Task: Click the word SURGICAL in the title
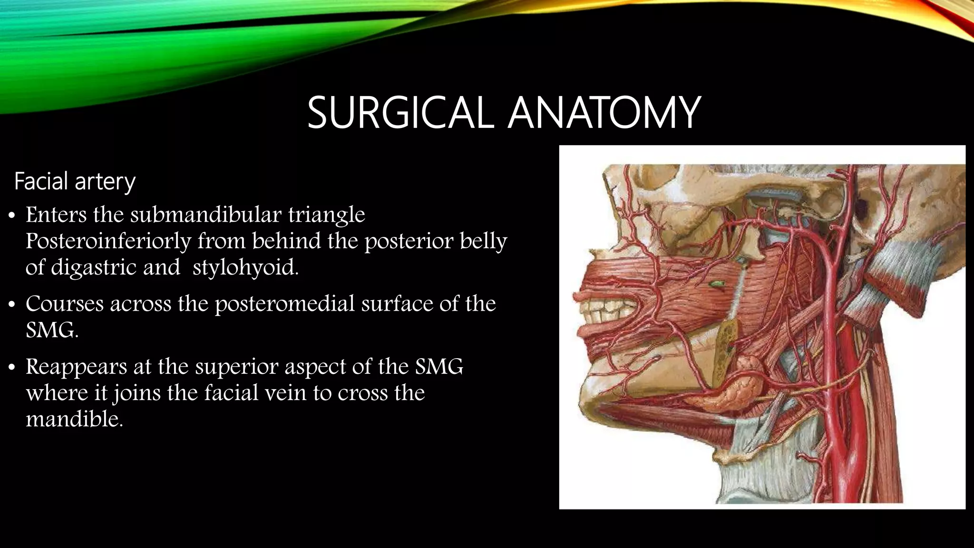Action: (x=400, y=113)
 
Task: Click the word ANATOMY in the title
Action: (x=604, y=113)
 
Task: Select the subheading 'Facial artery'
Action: (x=75, y=181)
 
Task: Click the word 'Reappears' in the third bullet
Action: (x=76, y=367)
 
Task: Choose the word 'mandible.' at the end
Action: (x=74, y=419)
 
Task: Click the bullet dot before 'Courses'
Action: (x=13, y=304)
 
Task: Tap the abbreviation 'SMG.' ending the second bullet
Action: (x=52, y=330)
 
